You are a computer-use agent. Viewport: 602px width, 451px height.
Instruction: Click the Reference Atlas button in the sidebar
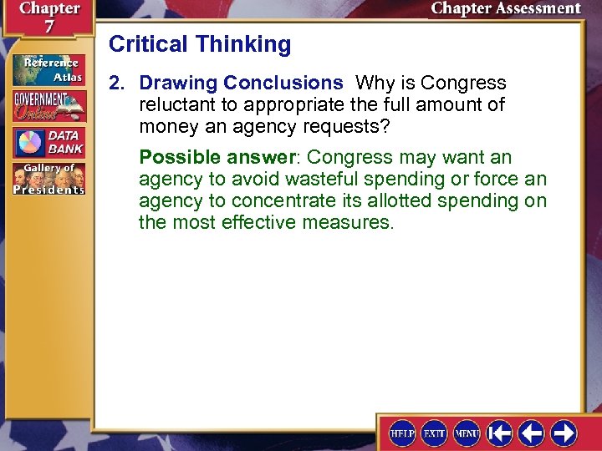(x=48, y=68)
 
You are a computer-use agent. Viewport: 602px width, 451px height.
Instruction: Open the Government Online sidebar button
(x=48, y=106)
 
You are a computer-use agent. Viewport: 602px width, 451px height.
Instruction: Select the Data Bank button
(x=48, y=143)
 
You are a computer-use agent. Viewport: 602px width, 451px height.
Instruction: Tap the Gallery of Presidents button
(x=48, y=179)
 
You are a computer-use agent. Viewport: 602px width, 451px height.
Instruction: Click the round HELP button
(x=402, y=433)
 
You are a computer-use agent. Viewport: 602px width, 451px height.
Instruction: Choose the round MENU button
(x=466, y=433)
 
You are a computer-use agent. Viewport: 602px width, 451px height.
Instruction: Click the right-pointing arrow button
(x=563, y=433)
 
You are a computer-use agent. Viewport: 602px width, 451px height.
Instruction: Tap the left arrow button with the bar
(x=500, y=433)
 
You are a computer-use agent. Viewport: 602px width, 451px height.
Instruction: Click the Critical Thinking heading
(x=200, y=44)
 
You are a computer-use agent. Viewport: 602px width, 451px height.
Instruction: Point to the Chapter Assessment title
(x=505, y=9)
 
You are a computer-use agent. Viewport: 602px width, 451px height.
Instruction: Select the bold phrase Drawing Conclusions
(x=241, y=84)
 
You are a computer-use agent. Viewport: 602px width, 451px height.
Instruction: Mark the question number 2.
(x=116, y=84)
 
